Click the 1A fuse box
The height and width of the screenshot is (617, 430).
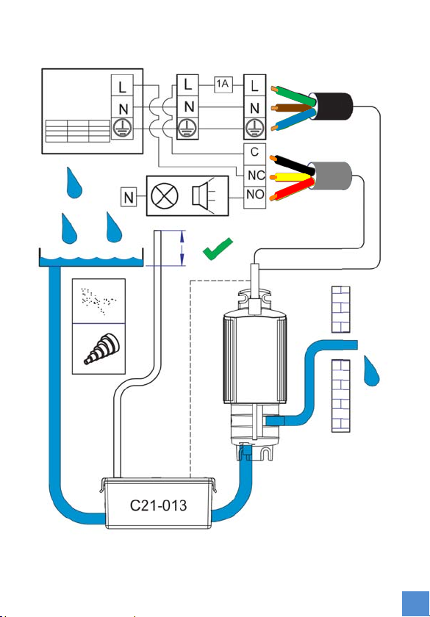[x=223, y=84]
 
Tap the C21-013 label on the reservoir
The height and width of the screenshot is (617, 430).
[x=158, y=505]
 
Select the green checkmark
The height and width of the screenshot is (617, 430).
[x=218, y=249]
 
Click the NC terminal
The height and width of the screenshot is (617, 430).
[x=255, y=175]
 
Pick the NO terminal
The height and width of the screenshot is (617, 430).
[x=255, y=195]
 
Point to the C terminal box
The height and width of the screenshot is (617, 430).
[x=255, y=154]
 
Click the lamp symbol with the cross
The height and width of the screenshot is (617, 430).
[x=165, y=196]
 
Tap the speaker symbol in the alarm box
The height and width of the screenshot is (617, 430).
[x=203, y=195]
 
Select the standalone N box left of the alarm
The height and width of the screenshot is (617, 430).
[x=129, y=197]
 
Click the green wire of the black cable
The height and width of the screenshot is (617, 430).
[x=293, y=95]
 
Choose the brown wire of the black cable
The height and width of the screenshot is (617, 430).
[x=293, y=107]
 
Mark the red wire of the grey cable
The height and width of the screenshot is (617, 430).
[x=293, y=190]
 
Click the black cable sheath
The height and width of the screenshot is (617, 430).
[x=332, y=107]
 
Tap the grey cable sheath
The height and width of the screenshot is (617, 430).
[x=330, y=176]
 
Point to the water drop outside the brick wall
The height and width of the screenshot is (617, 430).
[x=371, y=371]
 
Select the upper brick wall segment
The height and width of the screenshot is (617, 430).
[x=340, y=309]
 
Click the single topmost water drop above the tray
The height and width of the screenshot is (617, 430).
[x=74, y=183]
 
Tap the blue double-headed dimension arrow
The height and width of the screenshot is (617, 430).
[x=182, y=248]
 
